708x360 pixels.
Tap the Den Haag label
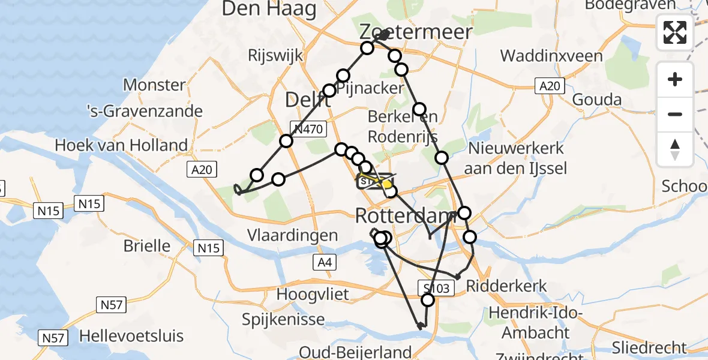point(269,8)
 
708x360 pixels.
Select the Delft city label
point(307,100)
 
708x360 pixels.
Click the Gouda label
point(596,99)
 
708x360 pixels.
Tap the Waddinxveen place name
point(551,56)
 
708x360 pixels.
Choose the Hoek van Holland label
point(121,145)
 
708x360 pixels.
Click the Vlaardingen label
point(293,235)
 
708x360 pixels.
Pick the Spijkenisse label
point(283,319)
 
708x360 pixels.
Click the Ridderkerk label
point(506,286)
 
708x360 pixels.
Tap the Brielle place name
point(146,245)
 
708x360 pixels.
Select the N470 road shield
point(308,128)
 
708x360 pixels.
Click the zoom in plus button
point(675,80)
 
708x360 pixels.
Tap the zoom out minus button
point(675,114)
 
